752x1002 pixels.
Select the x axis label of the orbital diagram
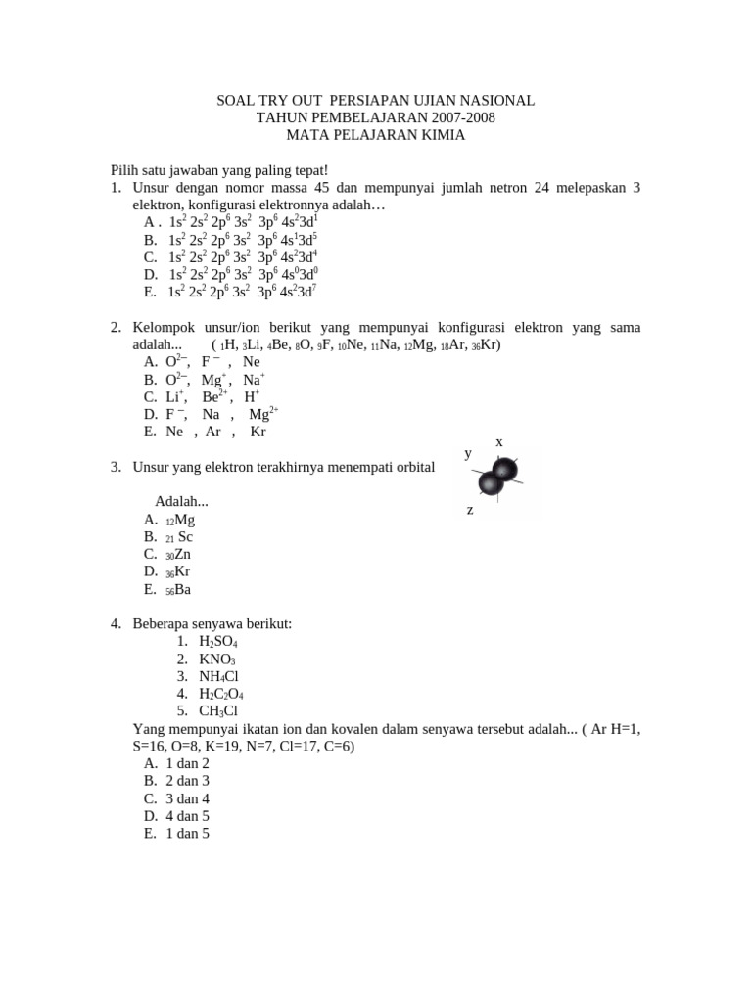click(499, 442)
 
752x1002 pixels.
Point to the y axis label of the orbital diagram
click(468, 453)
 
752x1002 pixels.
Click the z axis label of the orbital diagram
click(470, 510)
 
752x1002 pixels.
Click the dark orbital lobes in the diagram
click(496, 477)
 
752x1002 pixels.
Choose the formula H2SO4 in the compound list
click(217, 641)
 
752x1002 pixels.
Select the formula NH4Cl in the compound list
click(218, 676)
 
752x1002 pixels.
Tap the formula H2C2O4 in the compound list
click(223, 694)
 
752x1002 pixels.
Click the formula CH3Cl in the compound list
click(217, 711)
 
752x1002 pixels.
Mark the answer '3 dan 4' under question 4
click(188, 798)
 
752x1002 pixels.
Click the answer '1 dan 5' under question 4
click(188, 834)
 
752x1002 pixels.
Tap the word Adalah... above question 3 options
click(181, 501)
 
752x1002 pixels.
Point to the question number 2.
click(116, 327)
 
